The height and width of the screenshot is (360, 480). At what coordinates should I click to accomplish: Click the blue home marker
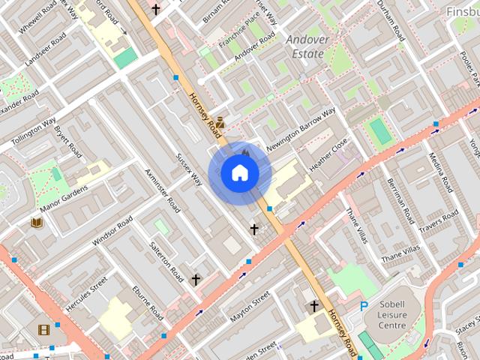coord(239,173)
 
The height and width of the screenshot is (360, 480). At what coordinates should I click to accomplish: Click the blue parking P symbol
coord(364,306)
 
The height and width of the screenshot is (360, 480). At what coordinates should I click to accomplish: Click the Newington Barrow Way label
coord(301,131)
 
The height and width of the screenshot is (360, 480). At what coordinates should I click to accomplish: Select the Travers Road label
coord(438,221)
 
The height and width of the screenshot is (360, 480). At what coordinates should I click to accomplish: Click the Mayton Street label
coord(250,307)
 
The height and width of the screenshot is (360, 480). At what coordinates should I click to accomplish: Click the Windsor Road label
coord(112,231)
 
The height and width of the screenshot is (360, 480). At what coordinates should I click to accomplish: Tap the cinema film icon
coord(43,329)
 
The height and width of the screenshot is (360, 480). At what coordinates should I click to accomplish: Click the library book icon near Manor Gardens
coord(36,223)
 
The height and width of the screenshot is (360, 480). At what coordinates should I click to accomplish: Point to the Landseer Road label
coord(42,50)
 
